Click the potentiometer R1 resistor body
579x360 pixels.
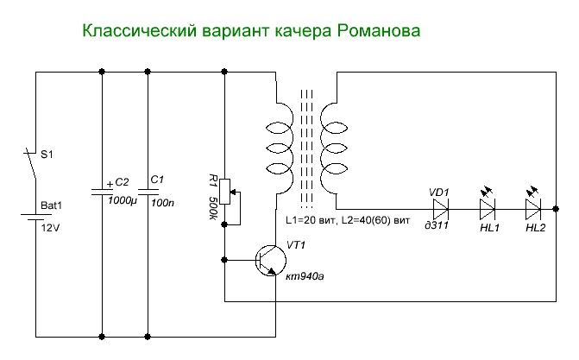(224, 190)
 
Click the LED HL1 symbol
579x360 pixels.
(488, 208)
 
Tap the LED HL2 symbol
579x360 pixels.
(534, 208)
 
